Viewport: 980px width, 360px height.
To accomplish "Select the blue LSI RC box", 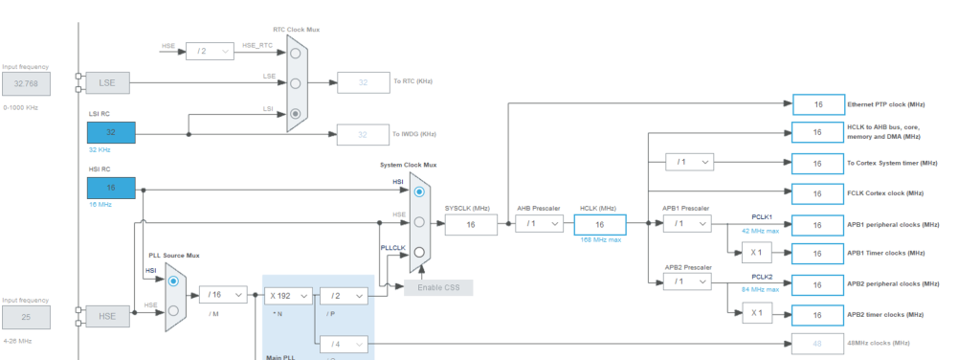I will click(111, 132).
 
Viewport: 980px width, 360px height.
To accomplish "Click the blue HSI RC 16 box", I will click(111, 189).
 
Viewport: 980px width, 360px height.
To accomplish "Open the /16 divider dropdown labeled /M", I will click(223, 297).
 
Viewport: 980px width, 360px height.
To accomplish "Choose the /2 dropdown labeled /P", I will click(343, 297).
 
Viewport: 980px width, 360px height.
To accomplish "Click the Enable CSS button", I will click(437, 287).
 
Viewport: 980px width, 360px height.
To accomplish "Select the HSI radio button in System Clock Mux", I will click(418, 191).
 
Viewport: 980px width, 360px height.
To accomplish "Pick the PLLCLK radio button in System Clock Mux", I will click(418, 254).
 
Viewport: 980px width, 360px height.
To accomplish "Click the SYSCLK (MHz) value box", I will click(470, 224).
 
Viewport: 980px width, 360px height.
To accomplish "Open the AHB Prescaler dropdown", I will click(539, 224).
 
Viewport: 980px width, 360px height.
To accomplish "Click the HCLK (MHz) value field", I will click(600, 224).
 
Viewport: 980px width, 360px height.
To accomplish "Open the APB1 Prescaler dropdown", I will click(688, 223).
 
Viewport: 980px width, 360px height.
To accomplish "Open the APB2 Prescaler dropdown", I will click(688, 282).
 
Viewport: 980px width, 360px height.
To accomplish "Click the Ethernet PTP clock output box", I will click(817, 103).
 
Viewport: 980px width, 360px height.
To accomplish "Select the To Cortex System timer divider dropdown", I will click(688, 163).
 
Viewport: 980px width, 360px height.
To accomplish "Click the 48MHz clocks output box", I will click(817, 343).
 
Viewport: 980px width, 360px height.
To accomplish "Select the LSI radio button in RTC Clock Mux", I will click(296, 114).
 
